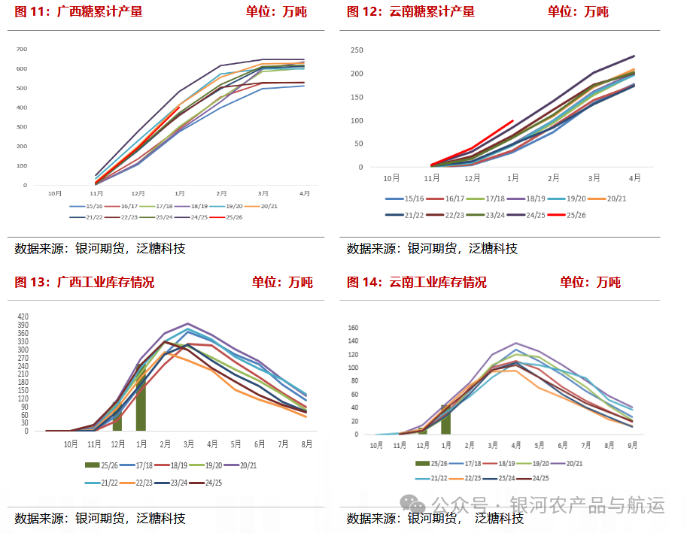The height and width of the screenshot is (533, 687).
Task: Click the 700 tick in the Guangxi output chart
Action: pos(22,50)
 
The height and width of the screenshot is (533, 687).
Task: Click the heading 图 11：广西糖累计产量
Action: pos(78,11)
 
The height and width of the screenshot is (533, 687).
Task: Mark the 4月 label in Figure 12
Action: pos(635,178)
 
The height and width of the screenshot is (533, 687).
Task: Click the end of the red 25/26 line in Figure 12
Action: pos(512,120)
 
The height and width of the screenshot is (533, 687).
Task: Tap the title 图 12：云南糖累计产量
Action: pos(410,11)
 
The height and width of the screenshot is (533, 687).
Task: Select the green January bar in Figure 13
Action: pos(141,397)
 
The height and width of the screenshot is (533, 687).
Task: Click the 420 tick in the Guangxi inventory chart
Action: pos(23,316)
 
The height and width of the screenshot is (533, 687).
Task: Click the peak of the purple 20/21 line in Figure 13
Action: pos(188,324)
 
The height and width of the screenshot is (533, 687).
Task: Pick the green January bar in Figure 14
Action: pos(445,419)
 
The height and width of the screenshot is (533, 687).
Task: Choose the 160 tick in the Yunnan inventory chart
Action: pos(353,328)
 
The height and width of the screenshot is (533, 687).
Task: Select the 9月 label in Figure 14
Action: pos(632,445)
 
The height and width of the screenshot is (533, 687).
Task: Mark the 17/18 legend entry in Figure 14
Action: pos(471,463)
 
